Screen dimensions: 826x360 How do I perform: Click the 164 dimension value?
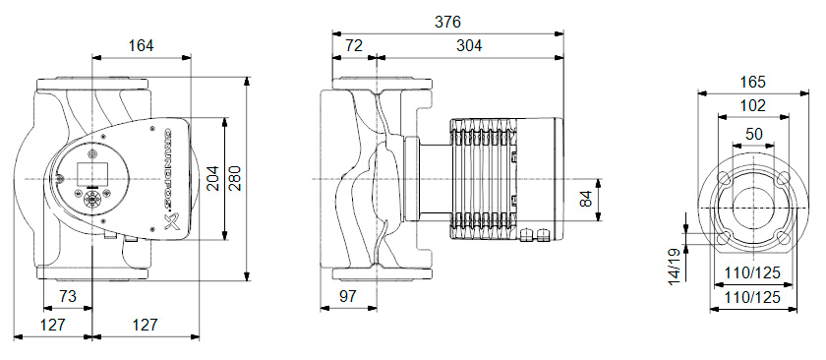[142, 46]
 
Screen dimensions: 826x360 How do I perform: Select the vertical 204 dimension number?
[212, 178]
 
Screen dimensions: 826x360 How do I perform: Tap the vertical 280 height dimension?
[235, 178]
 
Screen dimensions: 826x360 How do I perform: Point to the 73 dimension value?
[68, 296]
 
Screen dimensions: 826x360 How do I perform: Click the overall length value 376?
[447, 23]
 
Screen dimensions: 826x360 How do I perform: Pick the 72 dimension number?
[354, 46]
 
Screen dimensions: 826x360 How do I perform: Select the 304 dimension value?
[469, 46]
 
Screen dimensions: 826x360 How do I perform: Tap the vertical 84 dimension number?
[586, 200]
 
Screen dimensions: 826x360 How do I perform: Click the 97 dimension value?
[348, 296]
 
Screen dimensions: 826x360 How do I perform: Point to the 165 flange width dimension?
[752, 83]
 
